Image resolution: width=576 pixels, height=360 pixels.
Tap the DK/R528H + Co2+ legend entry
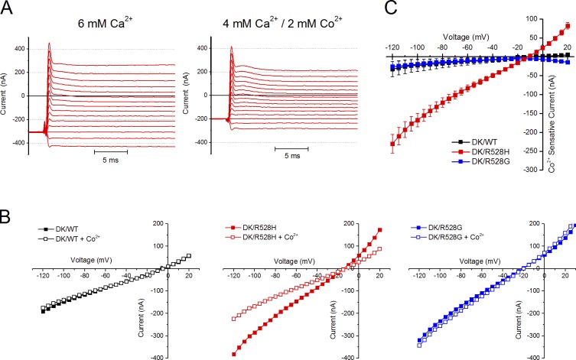coord(262,238)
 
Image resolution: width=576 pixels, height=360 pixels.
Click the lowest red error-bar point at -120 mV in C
coord(392,144)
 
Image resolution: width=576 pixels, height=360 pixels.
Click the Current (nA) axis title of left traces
coord(7,95)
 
